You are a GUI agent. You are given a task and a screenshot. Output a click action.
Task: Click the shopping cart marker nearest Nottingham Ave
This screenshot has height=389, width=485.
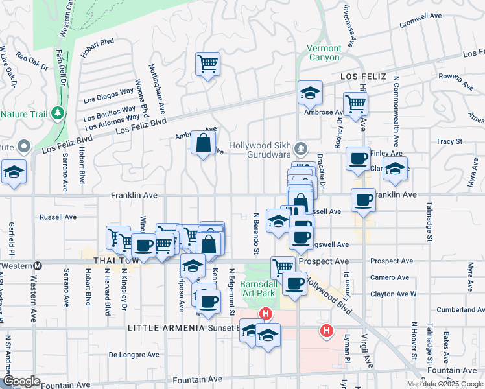tap(207, 64)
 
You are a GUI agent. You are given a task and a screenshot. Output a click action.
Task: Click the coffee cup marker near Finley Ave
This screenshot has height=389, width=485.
tap(357, 159)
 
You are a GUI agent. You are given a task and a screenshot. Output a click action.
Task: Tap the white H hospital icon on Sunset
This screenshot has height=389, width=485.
tap(265, 315)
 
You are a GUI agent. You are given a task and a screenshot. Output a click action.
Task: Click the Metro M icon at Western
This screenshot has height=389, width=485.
tap(38, 265)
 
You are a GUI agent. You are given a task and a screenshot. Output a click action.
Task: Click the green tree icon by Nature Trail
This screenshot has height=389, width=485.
tap(58, 113)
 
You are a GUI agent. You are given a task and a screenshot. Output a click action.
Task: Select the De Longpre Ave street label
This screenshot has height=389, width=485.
tap(134, 355)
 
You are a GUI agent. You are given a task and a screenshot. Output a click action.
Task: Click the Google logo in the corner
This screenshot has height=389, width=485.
tap(22, 381)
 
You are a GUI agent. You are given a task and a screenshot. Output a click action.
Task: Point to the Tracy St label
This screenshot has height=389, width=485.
tap(449, 141)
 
